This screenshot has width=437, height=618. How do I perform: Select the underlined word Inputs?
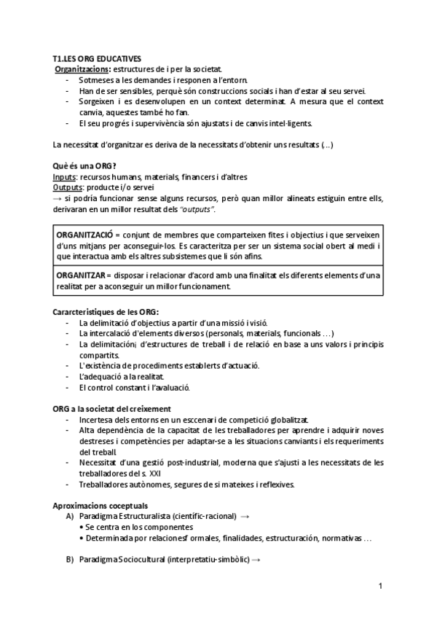click(x=66, y=177)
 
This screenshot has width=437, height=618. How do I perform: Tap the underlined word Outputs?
click(x=68, y=187)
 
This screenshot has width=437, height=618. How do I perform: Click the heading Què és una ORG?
click(x=84, y=166)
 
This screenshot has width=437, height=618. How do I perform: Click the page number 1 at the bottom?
click(x=381, y=586)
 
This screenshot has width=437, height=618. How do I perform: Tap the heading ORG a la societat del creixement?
click(x=112, y=409)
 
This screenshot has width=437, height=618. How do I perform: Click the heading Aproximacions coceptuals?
click(x=101, y=505)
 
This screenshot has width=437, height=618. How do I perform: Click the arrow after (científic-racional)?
click(x=245, y=516)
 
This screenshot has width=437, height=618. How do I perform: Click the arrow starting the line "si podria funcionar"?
click(x=58, y=198)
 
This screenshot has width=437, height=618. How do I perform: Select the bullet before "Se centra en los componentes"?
click(x=82, y=527)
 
